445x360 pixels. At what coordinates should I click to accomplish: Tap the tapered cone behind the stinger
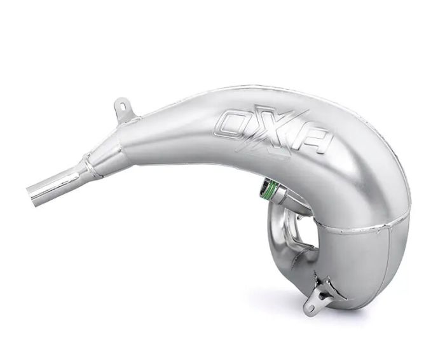[x=105, y=156]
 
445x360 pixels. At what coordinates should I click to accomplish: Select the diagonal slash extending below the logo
[x=280, y=159]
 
